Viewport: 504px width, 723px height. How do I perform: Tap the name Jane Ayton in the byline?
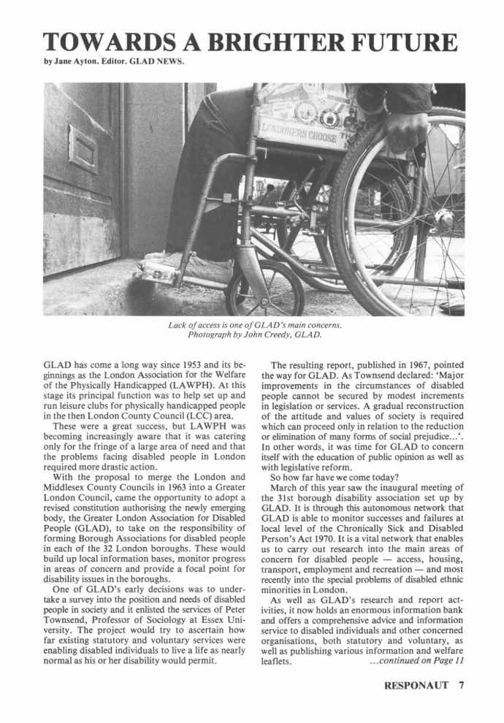click(66, 61)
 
